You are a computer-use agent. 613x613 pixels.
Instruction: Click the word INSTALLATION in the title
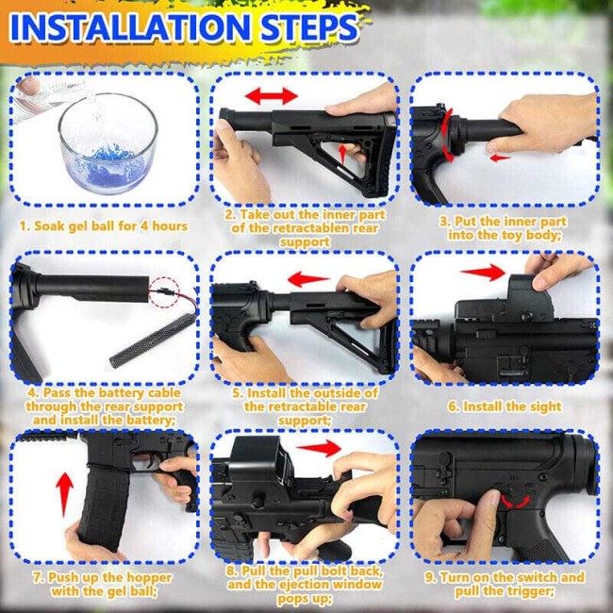130,28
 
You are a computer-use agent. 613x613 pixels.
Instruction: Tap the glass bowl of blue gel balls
108,143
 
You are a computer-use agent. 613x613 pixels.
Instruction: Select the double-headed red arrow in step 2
272,96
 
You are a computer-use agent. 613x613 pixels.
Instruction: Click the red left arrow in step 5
308,279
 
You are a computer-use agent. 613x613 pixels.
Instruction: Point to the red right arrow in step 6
483,273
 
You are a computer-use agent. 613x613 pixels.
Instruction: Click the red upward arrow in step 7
64,494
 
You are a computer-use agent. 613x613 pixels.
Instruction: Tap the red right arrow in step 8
319,448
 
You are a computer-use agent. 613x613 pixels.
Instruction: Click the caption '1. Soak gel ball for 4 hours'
104,226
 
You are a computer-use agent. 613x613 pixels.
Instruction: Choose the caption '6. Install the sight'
505,406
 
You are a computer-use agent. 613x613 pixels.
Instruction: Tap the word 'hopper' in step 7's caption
149,577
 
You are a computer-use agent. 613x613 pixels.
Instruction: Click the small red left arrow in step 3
500,157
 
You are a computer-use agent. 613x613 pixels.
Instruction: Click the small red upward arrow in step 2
342,154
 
